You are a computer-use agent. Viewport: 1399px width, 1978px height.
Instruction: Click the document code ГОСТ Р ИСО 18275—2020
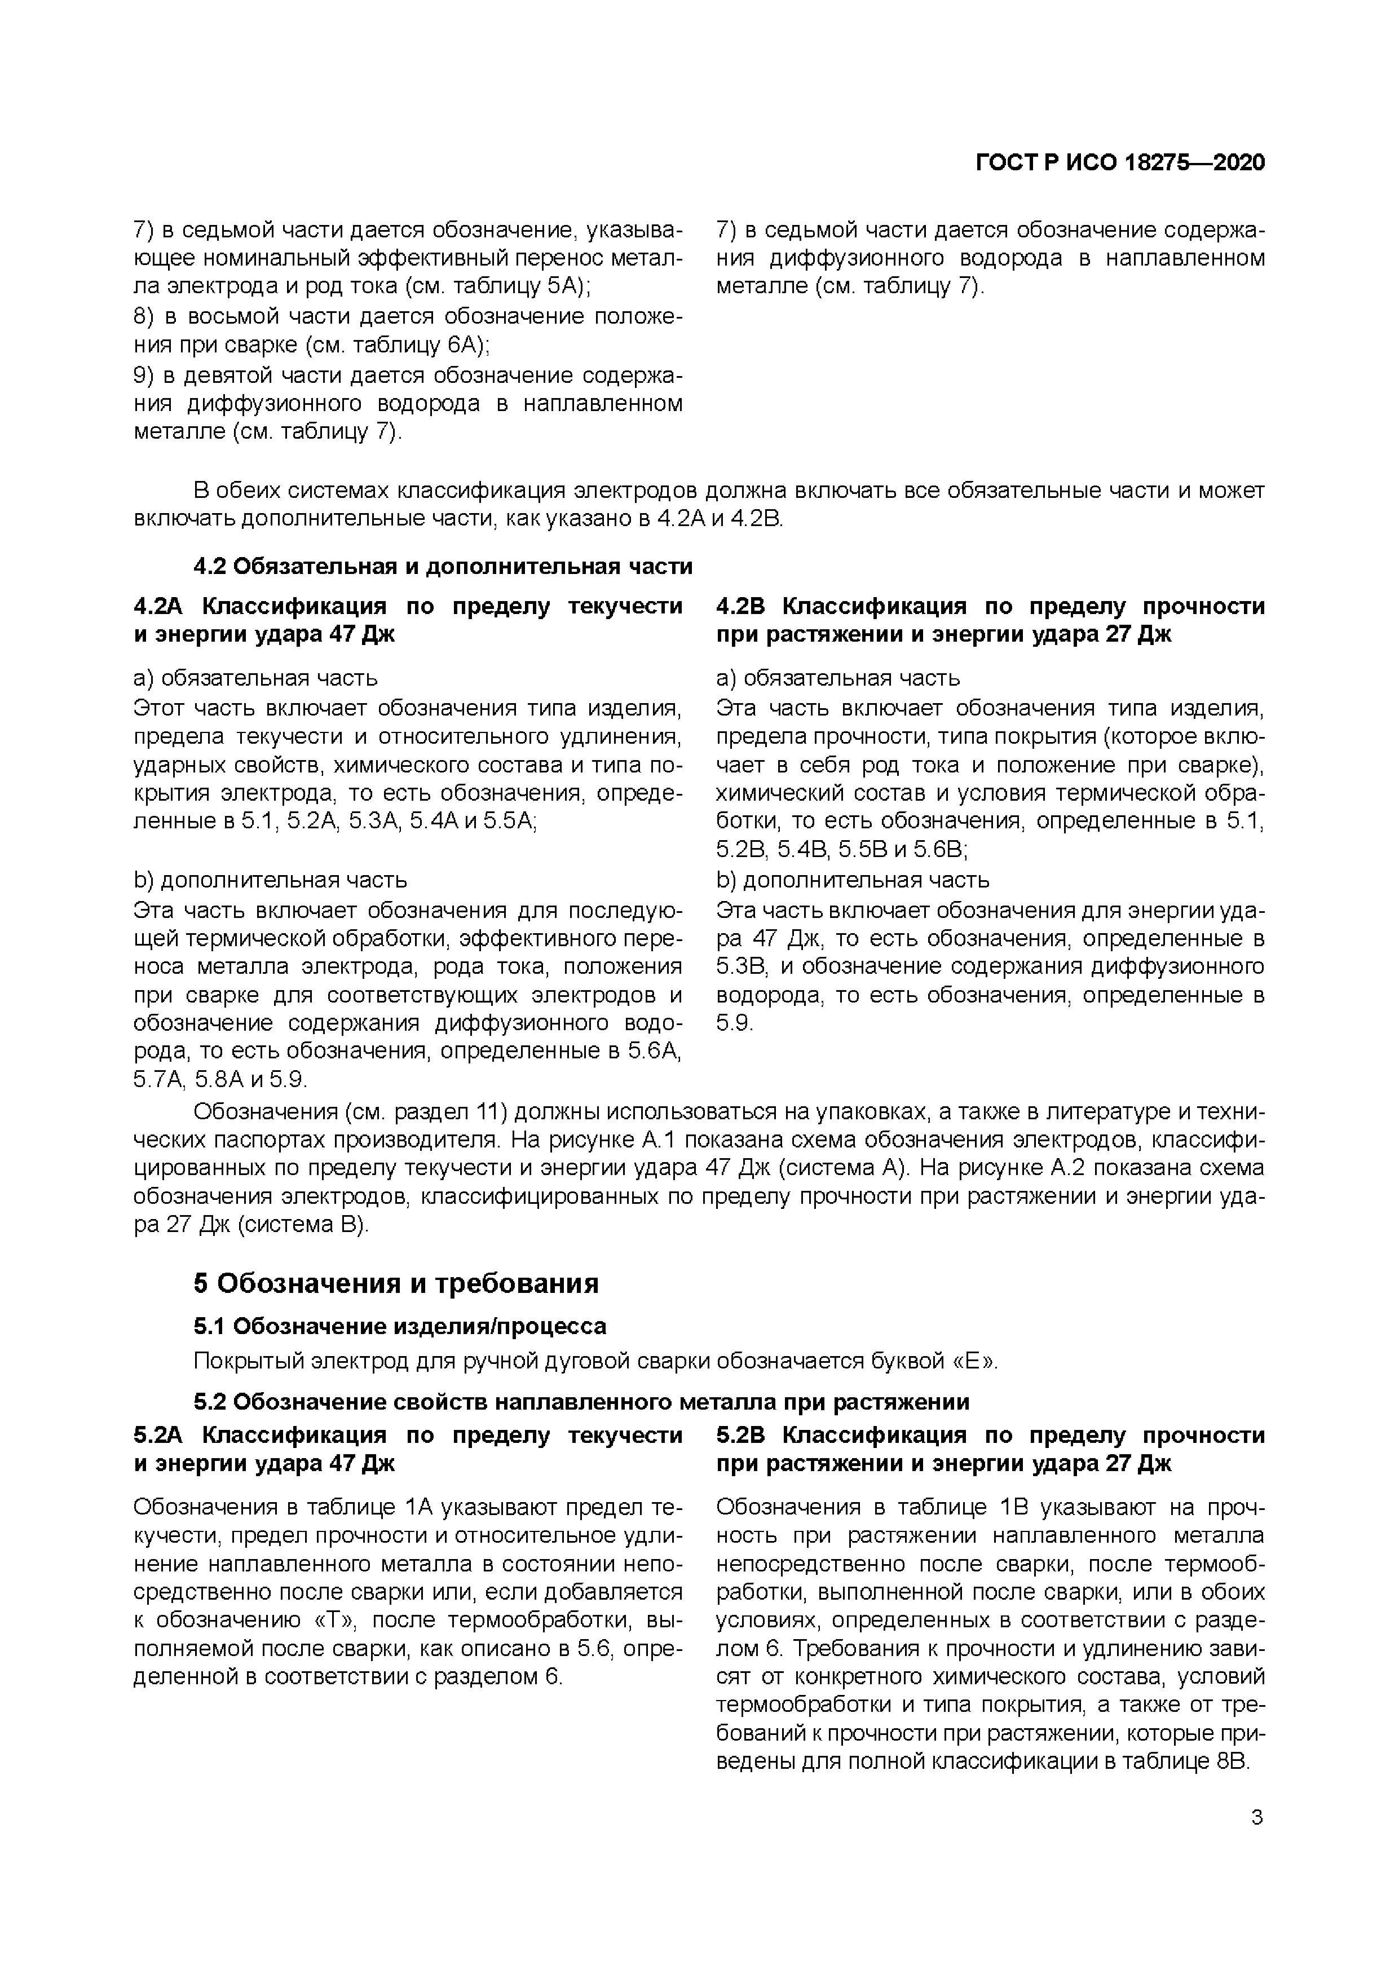(1120, 163)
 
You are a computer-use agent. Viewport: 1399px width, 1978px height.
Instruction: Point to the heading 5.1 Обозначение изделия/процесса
(400, 1326)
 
